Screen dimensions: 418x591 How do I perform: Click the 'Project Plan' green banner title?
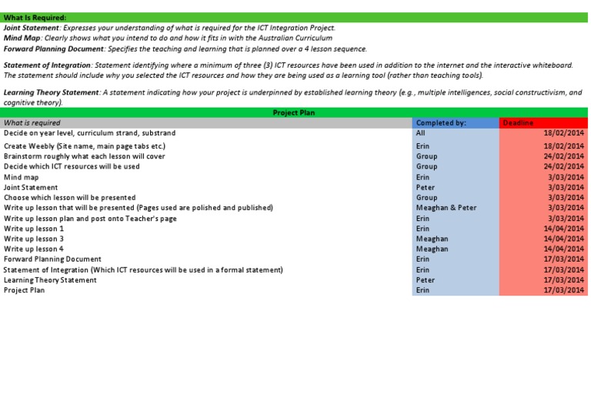(x=294, y=112)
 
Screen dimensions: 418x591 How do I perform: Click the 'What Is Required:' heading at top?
(x=35, y=18)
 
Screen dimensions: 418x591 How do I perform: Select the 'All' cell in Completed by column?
(x=420, y=133)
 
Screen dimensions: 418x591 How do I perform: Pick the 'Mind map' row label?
(x=22, y=177)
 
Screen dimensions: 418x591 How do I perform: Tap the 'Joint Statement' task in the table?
(x=31, y=187)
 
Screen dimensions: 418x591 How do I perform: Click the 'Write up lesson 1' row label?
(x=34, y=229)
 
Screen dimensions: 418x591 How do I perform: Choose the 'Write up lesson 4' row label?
(x=34, y=249)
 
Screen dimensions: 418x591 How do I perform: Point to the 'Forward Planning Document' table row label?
(x=52, y=259)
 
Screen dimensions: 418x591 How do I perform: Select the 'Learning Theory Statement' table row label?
(x=50, y=280)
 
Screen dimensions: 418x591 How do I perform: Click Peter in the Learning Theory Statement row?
(x=425, y=280)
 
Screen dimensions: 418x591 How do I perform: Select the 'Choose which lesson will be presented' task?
(x=70, y=198)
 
